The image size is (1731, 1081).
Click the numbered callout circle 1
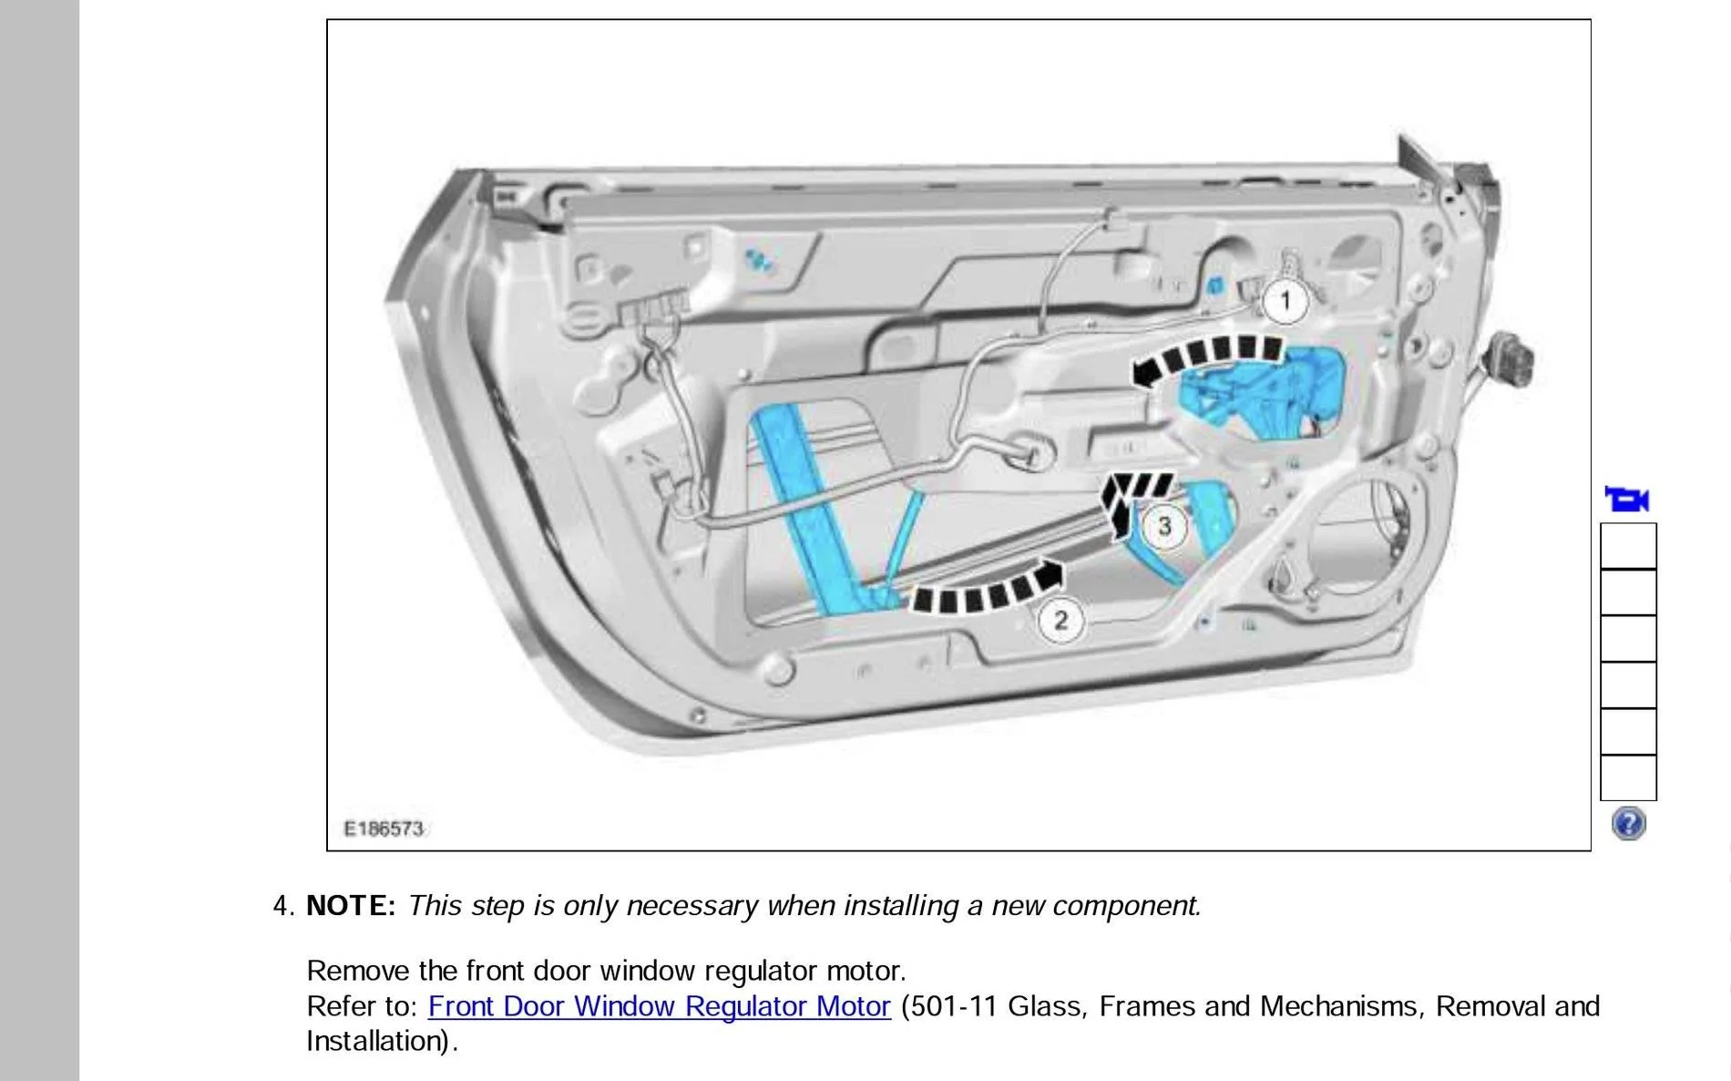click(x=1285, y=301)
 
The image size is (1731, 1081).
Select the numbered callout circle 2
click(x=1060, y=621)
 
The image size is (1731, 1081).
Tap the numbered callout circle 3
click(x=1164, y=526)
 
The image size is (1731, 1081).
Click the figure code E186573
click(x=384, y=829)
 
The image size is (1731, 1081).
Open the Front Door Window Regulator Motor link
click(x=659, y=1006)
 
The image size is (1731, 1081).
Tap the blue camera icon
click(x=1627, y=499)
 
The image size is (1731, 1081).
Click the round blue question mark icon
click(x=1628, y=823)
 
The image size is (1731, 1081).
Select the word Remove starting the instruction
click(x=358, y=970)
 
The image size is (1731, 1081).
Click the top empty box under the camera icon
click(x=1628, y=546)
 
